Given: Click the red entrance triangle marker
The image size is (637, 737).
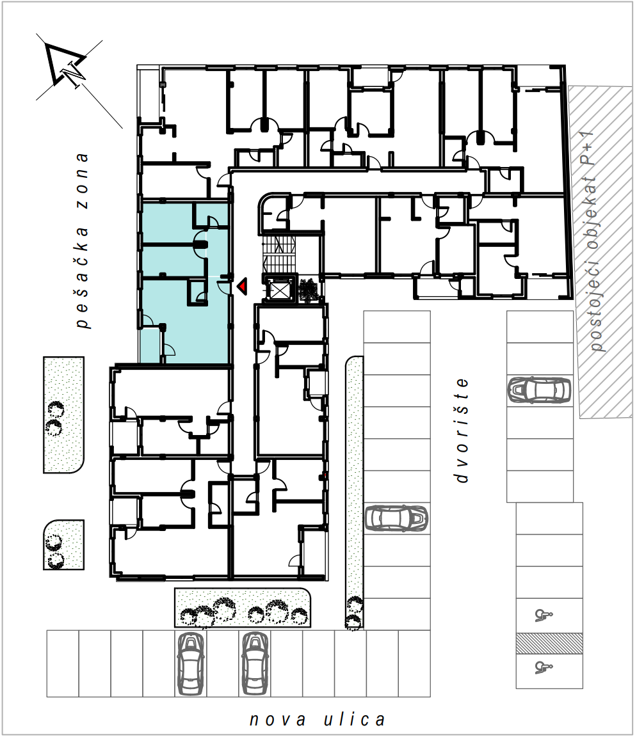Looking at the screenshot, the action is click(x=242, y=286).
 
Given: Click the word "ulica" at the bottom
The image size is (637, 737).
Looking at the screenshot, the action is click(x=354, y=720).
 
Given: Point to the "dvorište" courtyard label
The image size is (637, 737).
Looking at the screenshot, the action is click(x=462, y=430).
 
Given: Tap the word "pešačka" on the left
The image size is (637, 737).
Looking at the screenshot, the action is click(x=83, y=277).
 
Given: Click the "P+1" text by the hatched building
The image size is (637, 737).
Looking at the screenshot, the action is click(x=588, y=148).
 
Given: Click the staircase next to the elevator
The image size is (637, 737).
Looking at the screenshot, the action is click(x=280, y=254).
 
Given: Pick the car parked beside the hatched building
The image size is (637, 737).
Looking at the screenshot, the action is click(x=539, y=390).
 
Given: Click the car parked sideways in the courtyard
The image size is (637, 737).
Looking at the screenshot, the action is click(x=396, y=518).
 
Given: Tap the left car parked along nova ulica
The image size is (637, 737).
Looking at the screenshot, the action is click(x=191, y=663).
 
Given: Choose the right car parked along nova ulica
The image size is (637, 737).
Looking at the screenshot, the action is click(x=255, y=663).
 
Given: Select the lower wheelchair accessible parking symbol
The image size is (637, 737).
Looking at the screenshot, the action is click(x=544, y=667).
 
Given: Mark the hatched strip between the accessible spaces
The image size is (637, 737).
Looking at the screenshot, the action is click(x=549, y=644).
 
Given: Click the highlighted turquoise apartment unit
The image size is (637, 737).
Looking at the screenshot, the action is click(x=184, y=282).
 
